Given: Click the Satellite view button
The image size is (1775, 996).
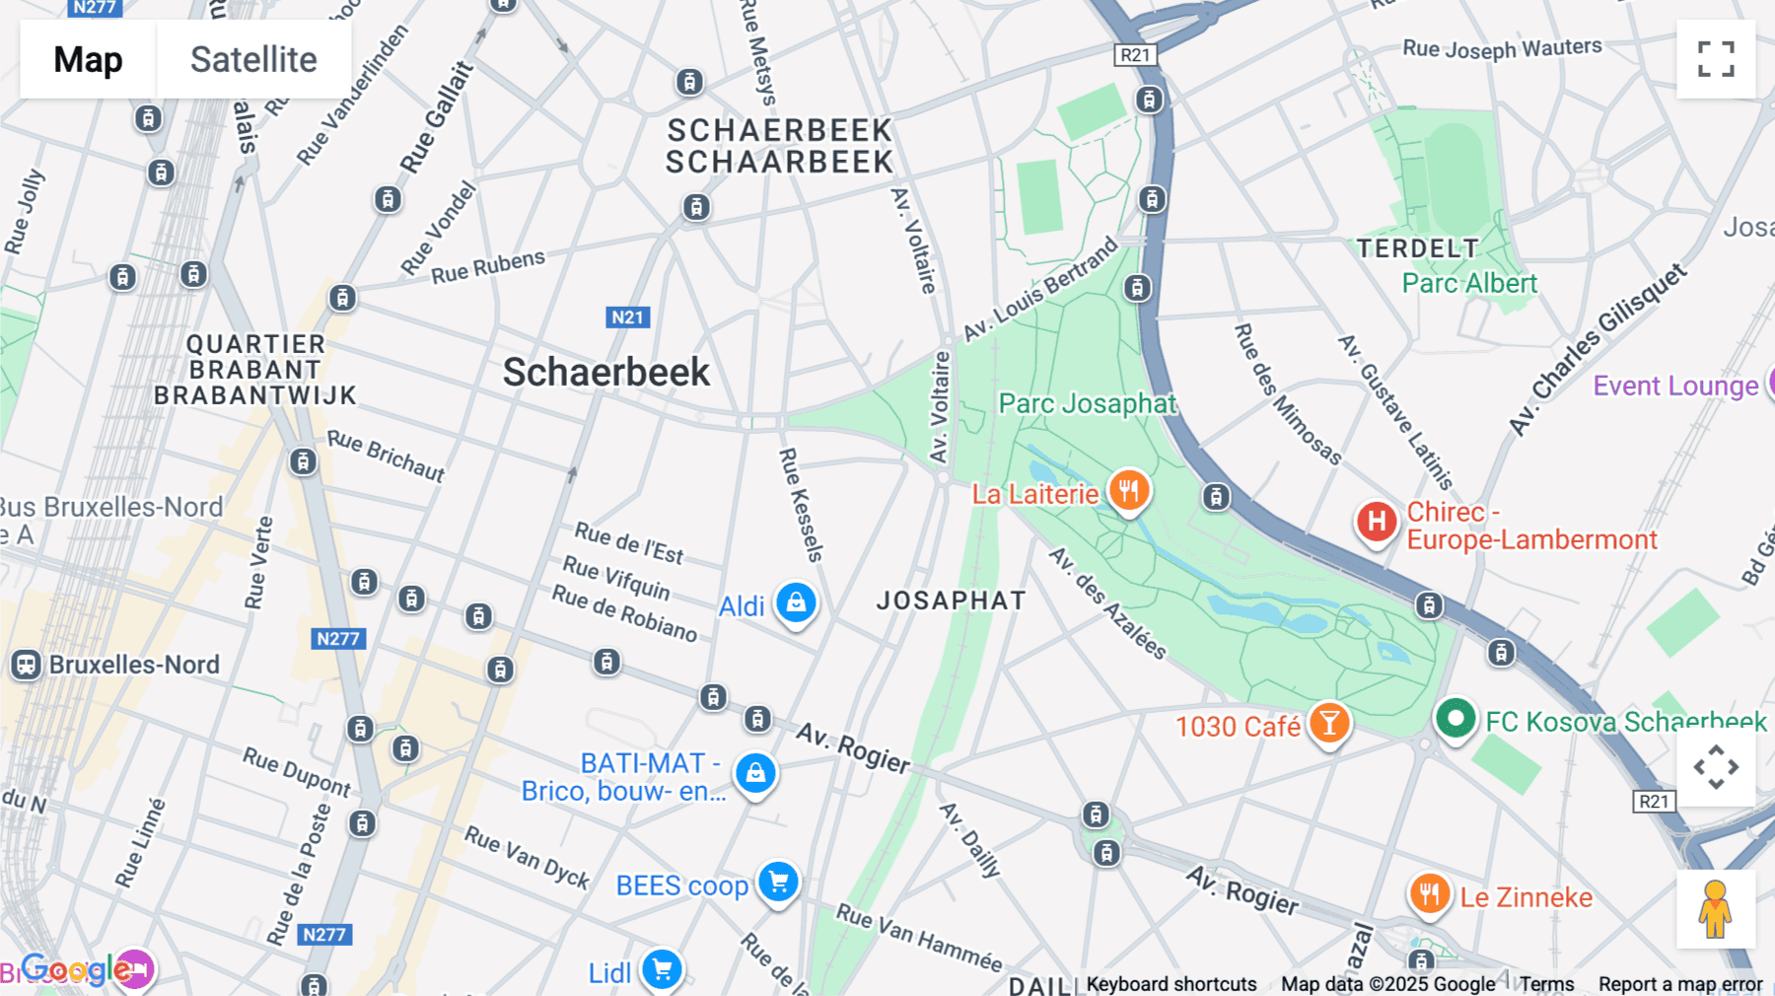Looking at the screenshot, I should (x=253, y=59).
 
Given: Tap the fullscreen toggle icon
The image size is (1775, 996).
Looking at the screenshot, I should (x=1716, y=59).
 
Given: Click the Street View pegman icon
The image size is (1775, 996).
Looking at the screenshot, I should (x=1715, y=908).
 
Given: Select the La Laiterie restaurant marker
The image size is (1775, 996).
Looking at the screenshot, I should (x=1128, y=490).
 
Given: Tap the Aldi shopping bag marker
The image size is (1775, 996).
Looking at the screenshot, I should (x=796, y=602).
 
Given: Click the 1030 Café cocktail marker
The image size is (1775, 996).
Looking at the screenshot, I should (x=1329, y=723).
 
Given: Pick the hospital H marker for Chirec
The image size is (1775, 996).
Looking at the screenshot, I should (x=1377, y=522).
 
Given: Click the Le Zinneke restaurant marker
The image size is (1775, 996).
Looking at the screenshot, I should (x=1429, y=894).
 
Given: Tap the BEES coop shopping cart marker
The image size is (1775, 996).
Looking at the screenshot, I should (x=778, y=882).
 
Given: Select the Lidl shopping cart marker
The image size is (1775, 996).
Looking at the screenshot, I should (x=662, y=969).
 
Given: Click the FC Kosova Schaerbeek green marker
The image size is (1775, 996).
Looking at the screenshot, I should (x=1455, y=718).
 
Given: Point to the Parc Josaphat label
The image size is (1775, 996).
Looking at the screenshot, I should (x=1087, y=403).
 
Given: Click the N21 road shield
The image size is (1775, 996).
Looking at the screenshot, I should (x=627, y=318).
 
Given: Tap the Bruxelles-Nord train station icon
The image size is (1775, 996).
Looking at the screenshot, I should (x=26, y=665).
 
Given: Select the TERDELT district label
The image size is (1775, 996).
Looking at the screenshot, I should (x=1417, y=249).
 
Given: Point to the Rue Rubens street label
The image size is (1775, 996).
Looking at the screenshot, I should (x=488, y=266).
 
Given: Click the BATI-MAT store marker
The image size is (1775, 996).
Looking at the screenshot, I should (x=755, y=773).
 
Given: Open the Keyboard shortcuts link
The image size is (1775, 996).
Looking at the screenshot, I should (x=1171, y=984).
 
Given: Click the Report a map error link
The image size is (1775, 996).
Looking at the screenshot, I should (x=1679, y=984).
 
